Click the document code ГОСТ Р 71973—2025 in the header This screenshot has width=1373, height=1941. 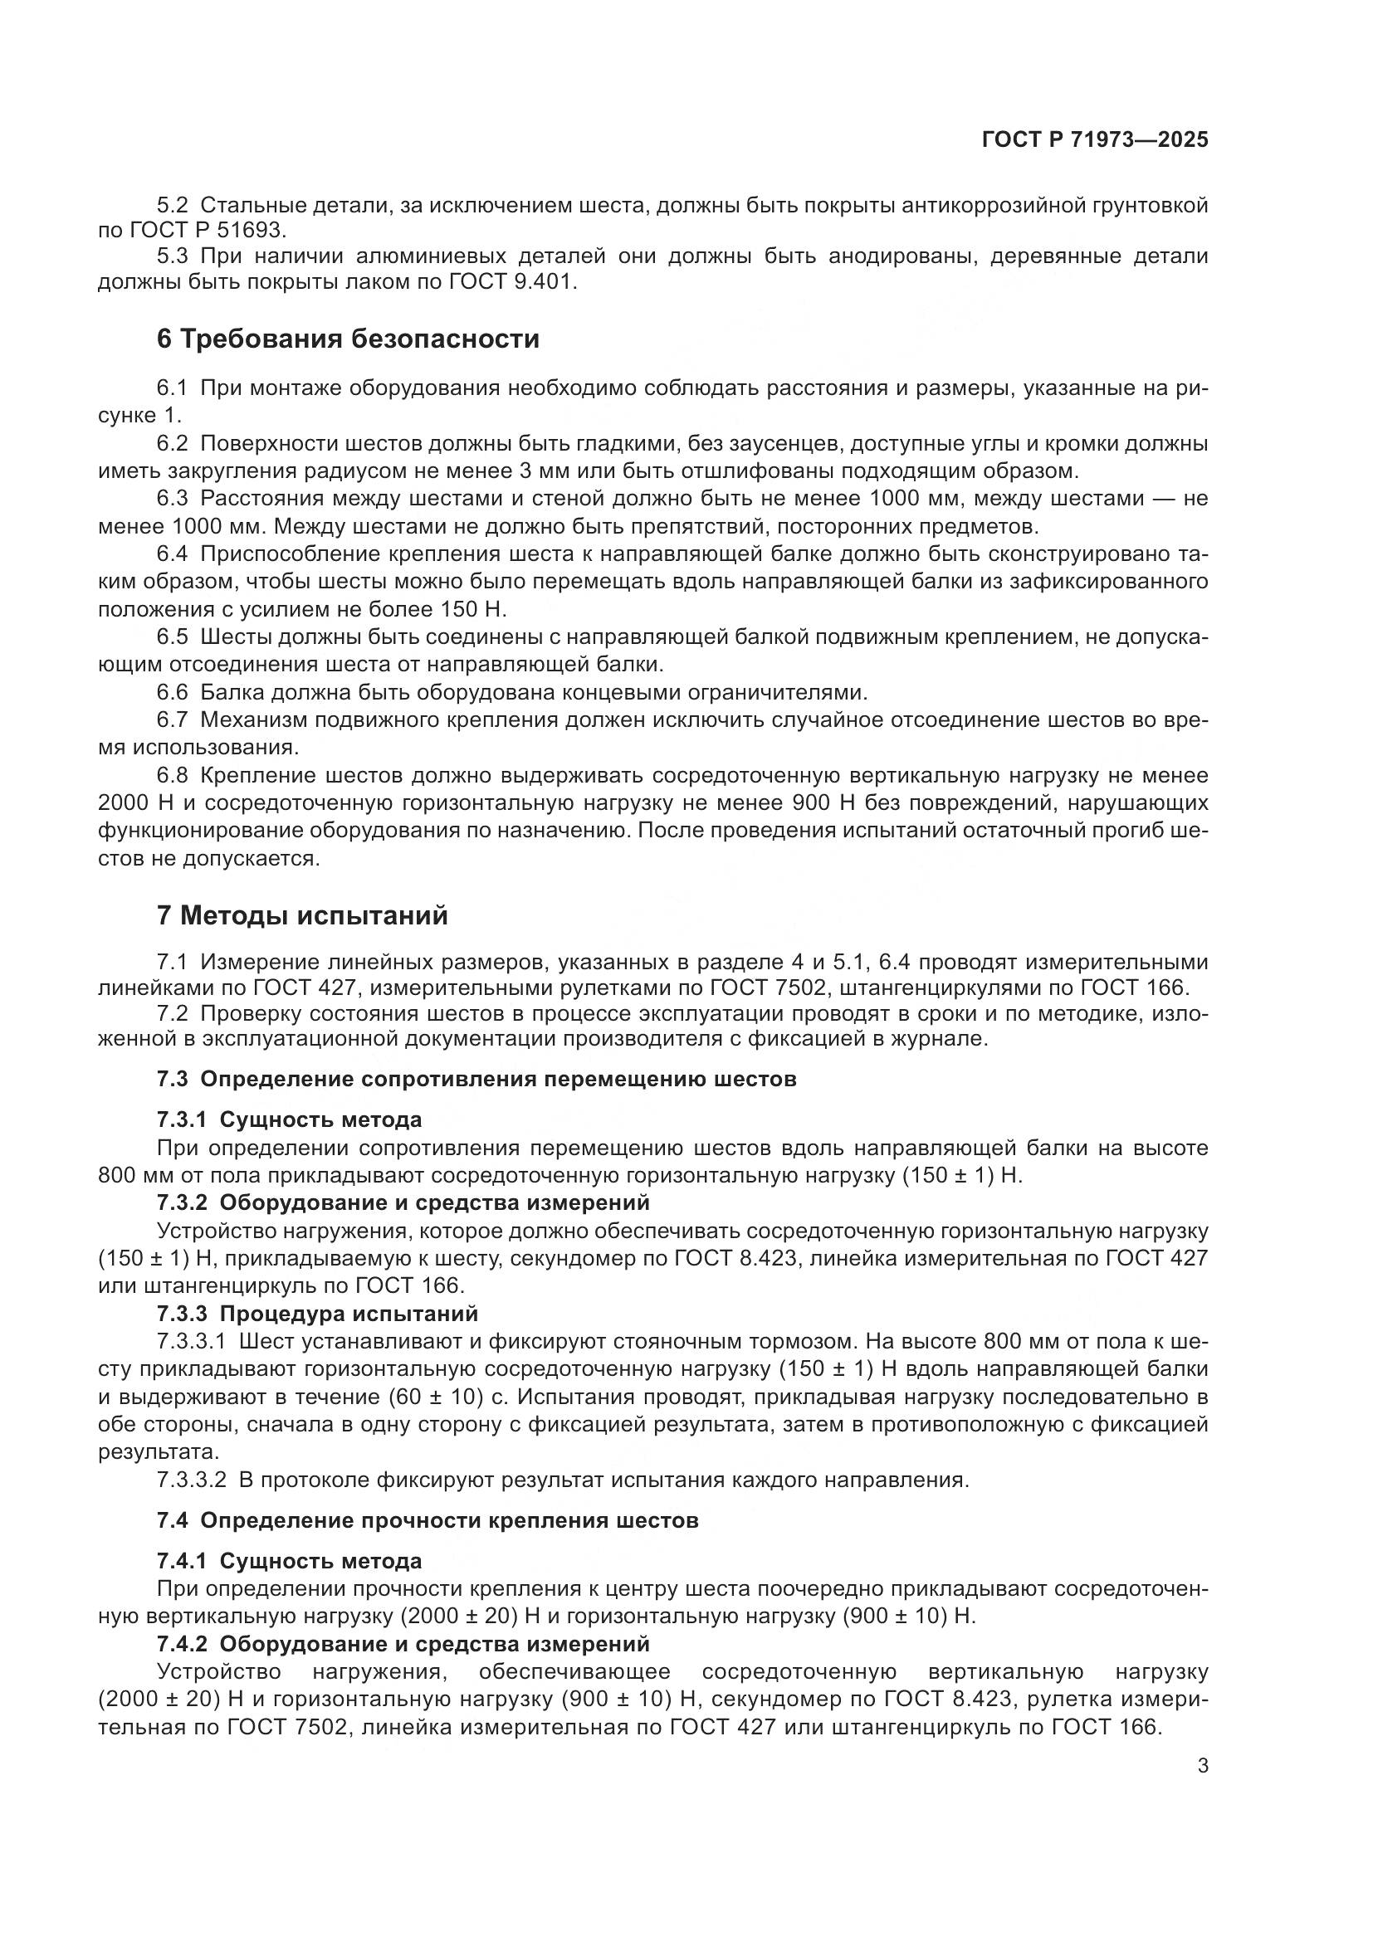1095,140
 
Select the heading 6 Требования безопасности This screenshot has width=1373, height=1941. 348,339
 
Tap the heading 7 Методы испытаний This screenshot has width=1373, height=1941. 302,915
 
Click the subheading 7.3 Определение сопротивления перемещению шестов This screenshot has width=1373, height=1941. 476,1080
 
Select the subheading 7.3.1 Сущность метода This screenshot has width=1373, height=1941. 288,1120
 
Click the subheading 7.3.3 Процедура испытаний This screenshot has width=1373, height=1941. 317,1314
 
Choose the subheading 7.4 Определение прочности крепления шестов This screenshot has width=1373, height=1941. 427,1521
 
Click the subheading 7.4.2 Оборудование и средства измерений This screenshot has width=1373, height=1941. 403,1644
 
